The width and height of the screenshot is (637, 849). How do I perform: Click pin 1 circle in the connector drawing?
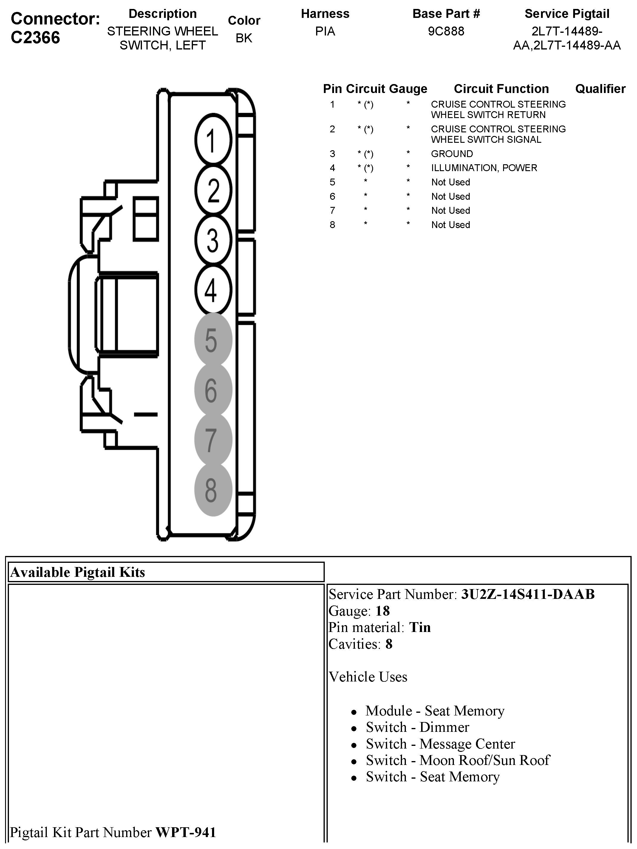coord(213,140)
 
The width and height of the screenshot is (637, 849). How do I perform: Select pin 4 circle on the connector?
coord(213,290)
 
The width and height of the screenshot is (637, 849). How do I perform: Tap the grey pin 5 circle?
coord(213,340)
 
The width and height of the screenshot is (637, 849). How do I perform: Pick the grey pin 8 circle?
coord(213,490)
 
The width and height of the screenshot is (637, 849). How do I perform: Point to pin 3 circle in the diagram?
coord(213,240)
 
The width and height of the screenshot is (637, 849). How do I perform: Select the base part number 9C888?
coord(446,31)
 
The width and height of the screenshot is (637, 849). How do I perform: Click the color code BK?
coord(244,38)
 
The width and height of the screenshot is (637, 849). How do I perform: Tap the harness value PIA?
coord(325,31)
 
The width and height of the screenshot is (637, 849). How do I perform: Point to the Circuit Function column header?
coord(501,89)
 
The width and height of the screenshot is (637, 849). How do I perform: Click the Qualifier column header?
coord(600,89)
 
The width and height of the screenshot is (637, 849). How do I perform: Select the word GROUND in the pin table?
coord(452,154)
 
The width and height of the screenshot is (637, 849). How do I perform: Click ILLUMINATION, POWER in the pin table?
coord(484,168)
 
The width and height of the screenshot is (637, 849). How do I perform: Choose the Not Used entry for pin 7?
coord(450,210)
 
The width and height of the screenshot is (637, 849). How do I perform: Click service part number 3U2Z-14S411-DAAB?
coord(528,594)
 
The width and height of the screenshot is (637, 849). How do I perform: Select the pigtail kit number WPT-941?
coord(185,832)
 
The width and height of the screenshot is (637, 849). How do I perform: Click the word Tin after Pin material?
coord(420,627)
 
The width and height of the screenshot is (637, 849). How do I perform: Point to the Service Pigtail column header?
coord(567,14)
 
